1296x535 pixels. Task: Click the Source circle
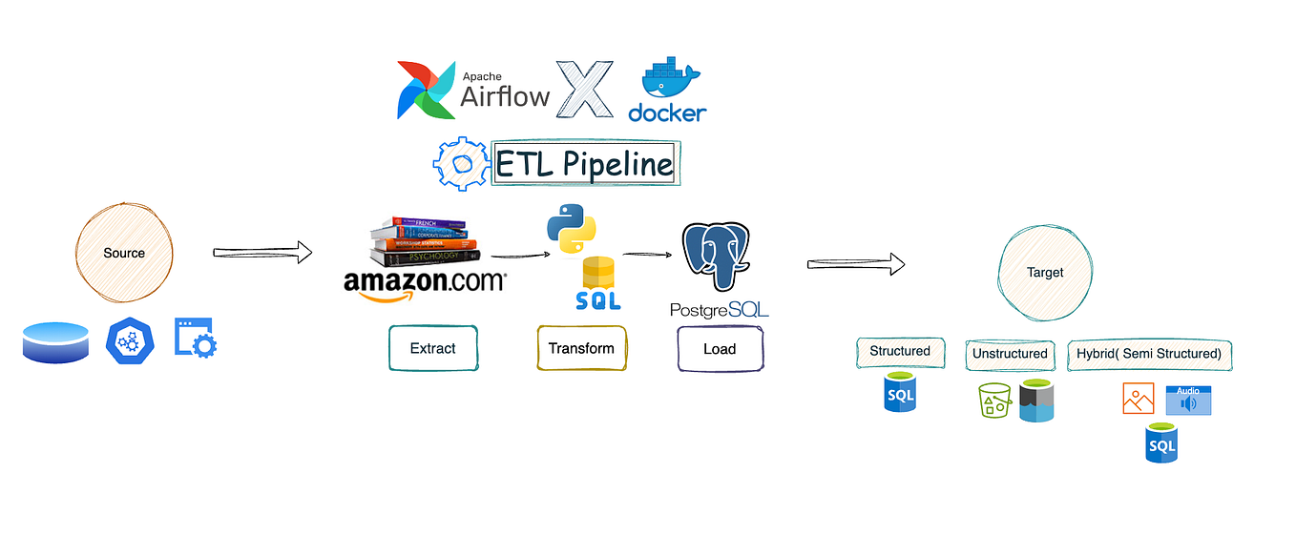pos(124,253)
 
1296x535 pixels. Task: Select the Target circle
pos(1044,272)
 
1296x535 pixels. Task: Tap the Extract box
pos(432,348)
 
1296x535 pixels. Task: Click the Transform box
pos(581,348)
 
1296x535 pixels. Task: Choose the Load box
pos(720,348)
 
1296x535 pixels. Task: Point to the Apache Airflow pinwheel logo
pos(426,90)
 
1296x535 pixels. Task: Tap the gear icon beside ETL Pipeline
pos(462,165)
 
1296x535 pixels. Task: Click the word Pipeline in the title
pos(617,165)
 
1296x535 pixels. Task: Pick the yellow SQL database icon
pos(598,283)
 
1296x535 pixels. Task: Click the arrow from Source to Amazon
pos(262,253)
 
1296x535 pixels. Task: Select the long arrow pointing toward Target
pos(855,264)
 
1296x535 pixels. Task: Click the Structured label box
pos(900,352)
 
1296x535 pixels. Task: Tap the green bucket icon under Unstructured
pos(993,401)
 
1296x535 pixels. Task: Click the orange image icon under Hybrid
pos(1138,398)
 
